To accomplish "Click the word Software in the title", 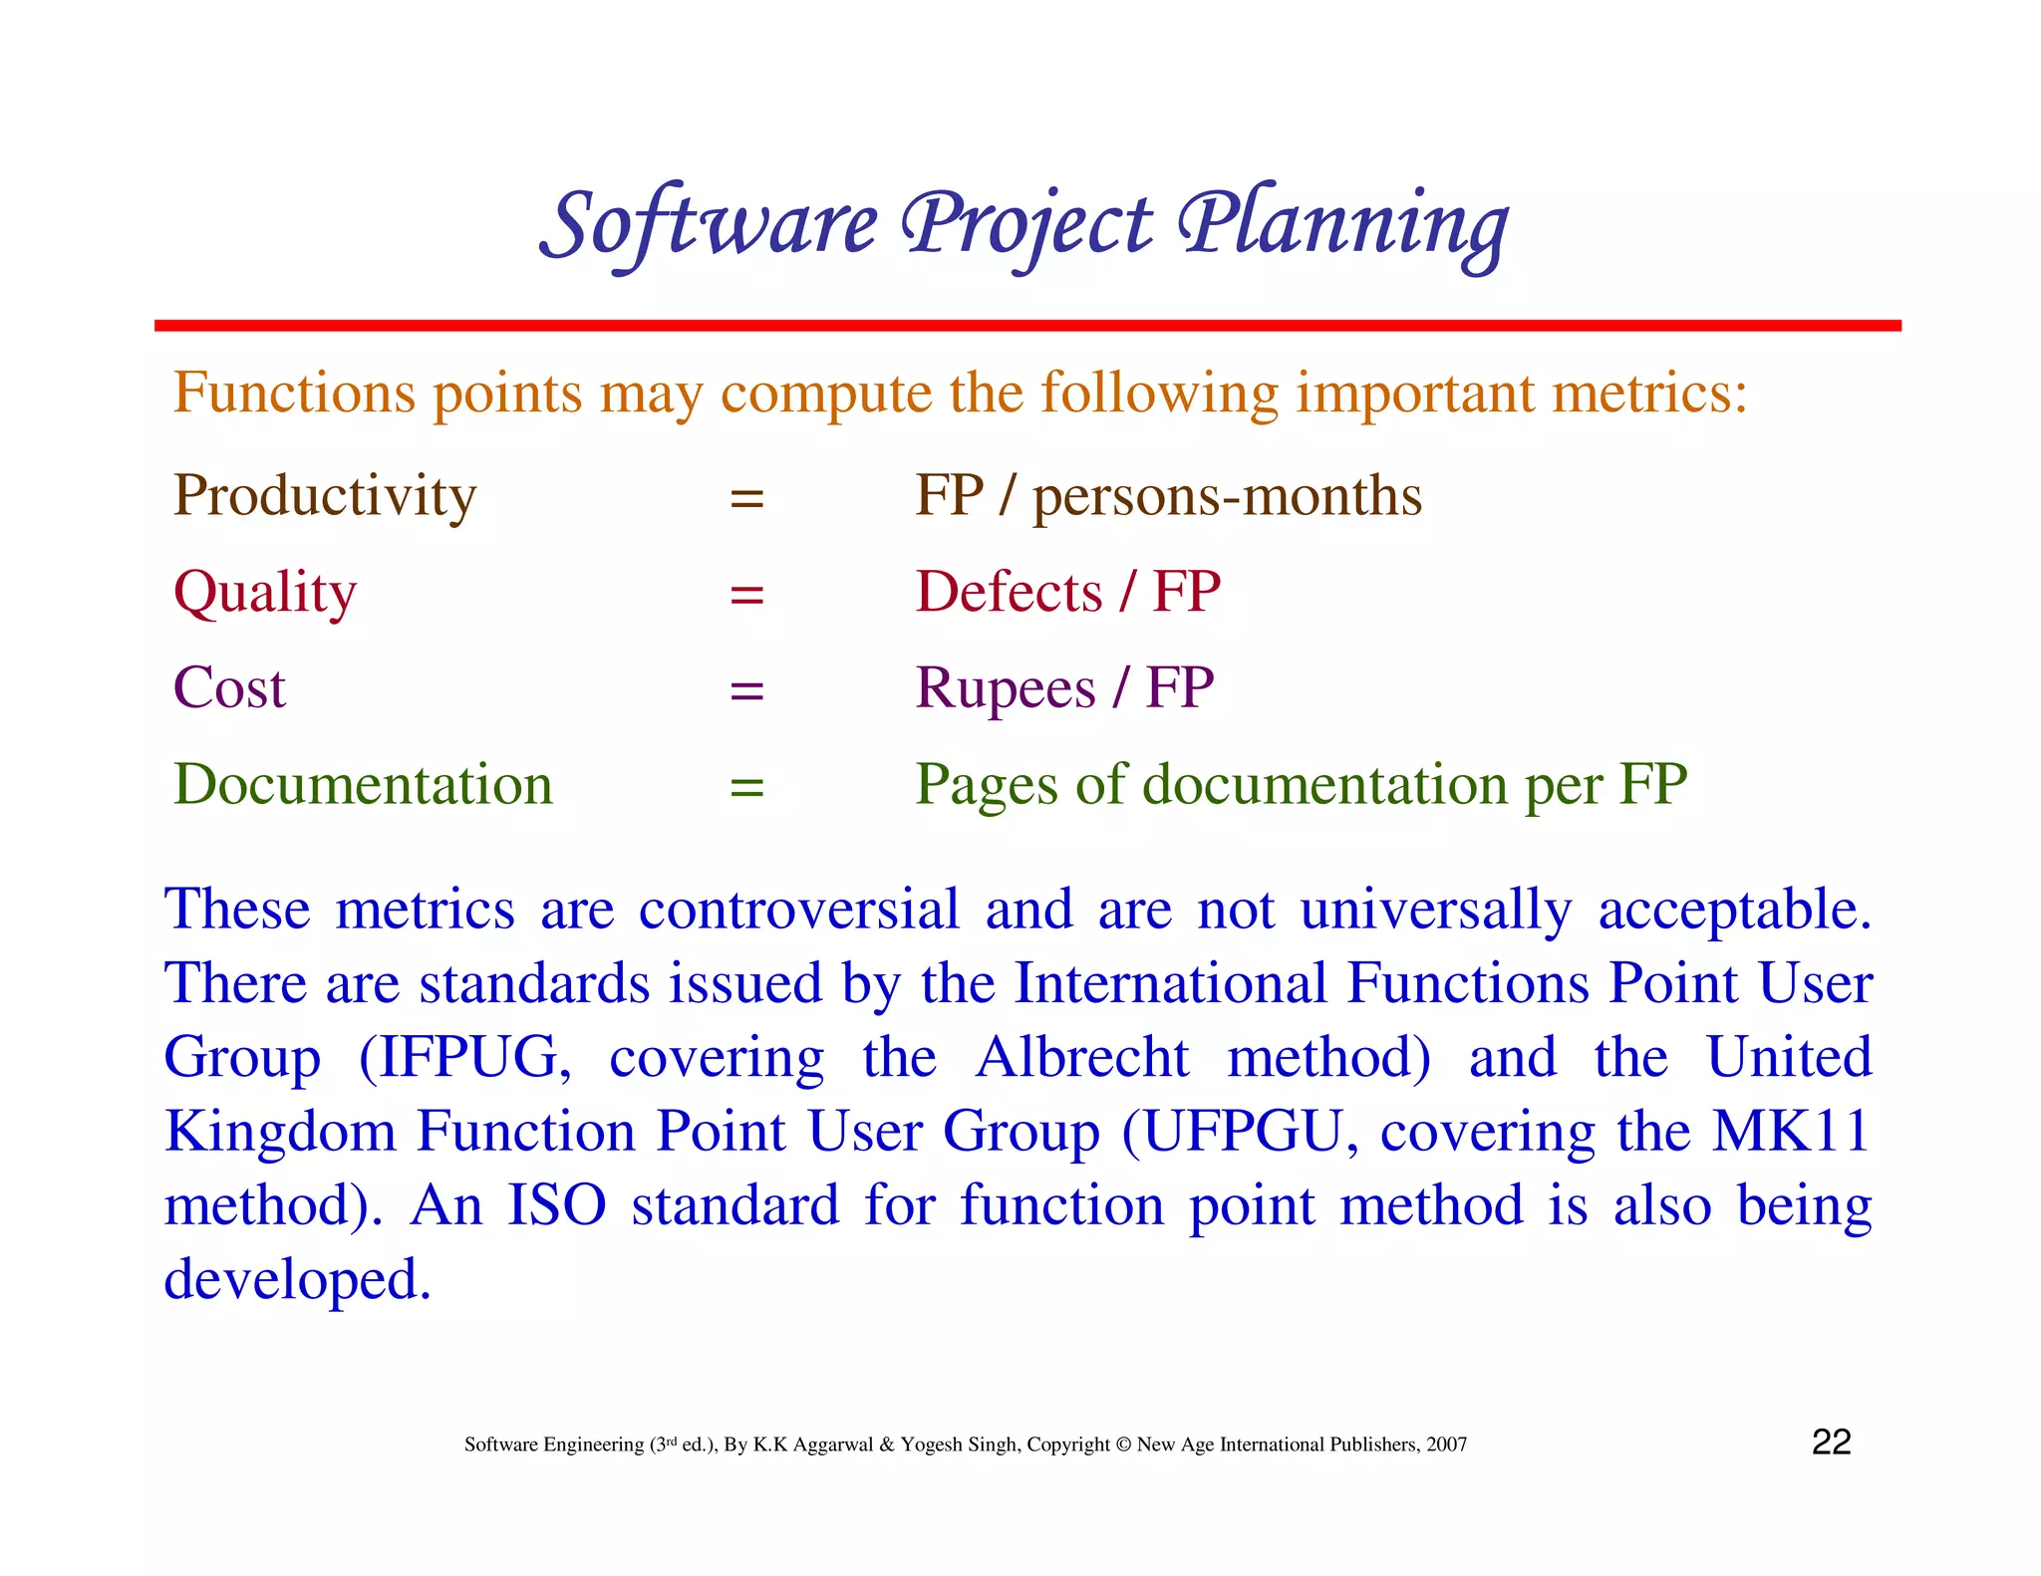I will click(710, 224).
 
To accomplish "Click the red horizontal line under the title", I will click(1026, 326).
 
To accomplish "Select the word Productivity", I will click(325, 495).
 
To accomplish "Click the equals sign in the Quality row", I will click(746, 595).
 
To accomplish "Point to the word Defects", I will click(1009, 592).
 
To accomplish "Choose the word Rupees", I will click(1005, 688).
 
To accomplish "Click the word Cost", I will click(229, 688).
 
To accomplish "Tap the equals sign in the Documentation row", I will click(746, 787).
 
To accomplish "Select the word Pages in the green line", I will click(985, 786).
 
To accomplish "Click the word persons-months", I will click(1227, 495).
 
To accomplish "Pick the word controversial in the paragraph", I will click(798, 910).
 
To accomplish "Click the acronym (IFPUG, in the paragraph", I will click(465, 1058).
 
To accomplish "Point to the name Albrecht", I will click(1082, 1058).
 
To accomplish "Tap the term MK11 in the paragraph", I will click(1790, 1132).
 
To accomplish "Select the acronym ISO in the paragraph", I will click(557, 1205).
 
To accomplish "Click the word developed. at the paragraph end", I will click(297, 1280).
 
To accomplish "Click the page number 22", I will click(1831, 1443).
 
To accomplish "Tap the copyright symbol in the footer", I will click(1123, 1445).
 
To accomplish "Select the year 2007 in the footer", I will click(1446, 1445).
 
